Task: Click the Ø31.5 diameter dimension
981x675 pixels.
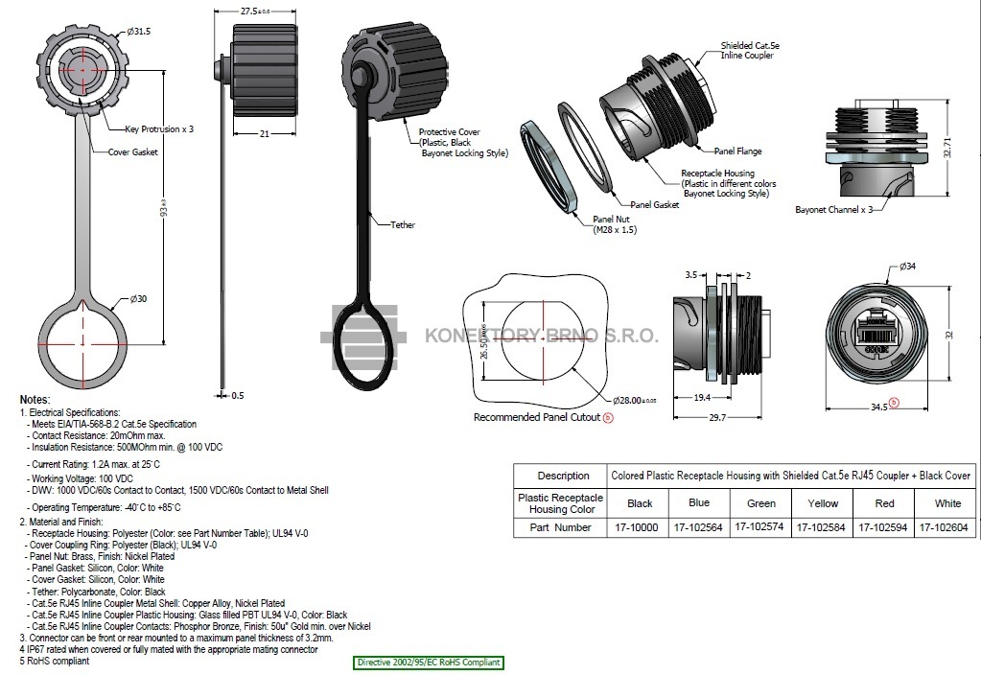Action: pos(139,32)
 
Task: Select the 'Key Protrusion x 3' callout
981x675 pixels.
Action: pos(159,128)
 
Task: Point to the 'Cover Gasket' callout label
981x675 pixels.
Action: pos(132,151)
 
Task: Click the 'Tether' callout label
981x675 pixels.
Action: pos(403,225)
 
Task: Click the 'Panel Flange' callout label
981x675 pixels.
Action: pos(738,151)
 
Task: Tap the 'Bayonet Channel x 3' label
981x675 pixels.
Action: pos(833,209)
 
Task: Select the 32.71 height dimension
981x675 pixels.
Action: pos(947,145)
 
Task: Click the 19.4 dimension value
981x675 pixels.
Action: pos(701,396)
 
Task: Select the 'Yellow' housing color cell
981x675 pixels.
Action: pos(823,503)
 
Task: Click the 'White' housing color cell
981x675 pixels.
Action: pos(947,503)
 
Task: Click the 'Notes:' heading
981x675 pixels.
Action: pos(35,399)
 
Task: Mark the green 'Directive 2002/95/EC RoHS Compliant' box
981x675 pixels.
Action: pos(429,663)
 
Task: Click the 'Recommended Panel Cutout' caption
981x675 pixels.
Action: pos(537,417)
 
